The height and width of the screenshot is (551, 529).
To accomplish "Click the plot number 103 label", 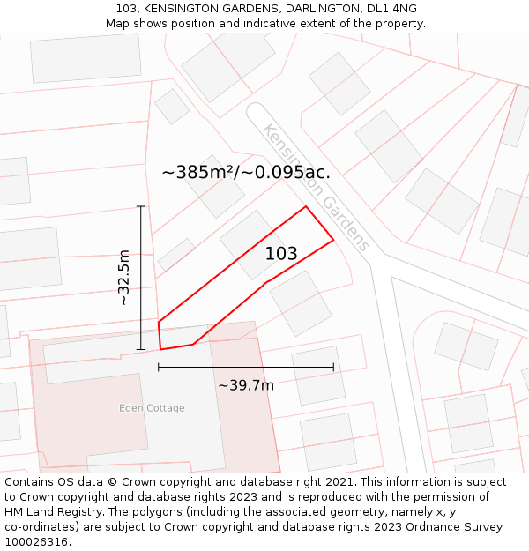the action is click(x=281, y=254).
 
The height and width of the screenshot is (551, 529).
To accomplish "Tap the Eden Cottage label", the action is click(x=153, y=408).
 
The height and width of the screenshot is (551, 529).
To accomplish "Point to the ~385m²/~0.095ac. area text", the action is click(x=246, y=172).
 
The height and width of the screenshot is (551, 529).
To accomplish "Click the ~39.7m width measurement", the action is click(x=246, y=385).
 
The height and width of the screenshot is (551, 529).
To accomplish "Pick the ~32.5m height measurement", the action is click(x=124, y=277).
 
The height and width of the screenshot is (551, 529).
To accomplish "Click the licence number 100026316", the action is click(x=37, y=542).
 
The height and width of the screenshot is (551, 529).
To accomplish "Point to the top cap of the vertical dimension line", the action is click(x=141, y=206).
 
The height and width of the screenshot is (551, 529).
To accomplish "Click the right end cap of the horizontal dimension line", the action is click(x=333, y=367).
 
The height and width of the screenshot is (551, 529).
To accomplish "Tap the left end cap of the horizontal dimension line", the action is click(x=159, y=367).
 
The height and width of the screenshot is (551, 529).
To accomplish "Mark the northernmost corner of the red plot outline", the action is click(x=306, y=207).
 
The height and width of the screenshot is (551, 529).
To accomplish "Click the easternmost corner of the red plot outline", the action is click(x=333, y=239).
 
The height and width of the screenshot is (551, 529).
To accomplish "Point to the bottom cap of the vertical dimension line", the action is click(x=141, y=349).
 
